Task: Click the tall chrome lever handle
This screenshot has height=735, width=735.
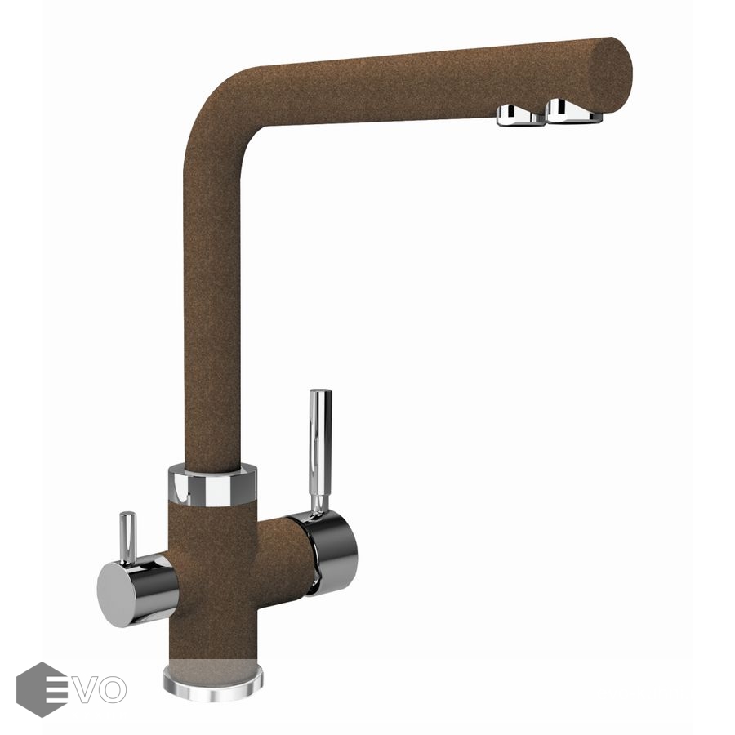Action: coord(320,452)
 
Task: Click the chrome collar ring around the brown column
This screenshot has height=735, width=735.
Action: coord(212,484)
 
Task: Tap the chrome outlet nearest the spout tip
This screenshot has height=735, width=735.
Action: coord(573,111)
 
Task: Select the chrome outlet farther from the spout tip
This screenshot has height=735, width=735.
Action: coord(520,115)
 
